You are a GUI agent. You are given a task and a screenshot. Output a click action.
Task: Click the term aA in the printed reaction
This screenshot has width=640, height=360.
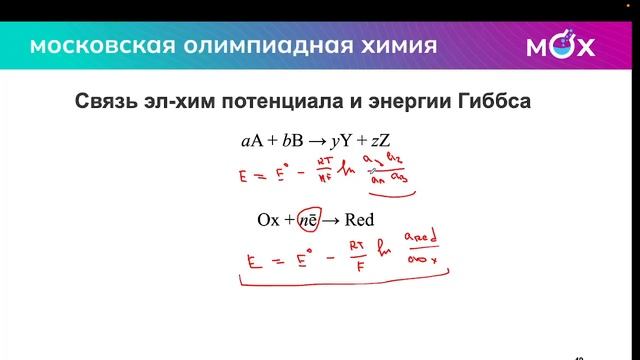[x=252, y=140]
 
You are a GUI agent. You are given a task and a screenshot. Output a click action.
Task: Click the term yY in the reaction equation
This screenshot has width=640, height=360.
[x=352, y=141]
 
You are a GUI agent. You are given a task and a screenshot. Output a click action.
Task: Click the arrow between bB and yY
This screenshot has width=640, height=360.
[x=321, y=140]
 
